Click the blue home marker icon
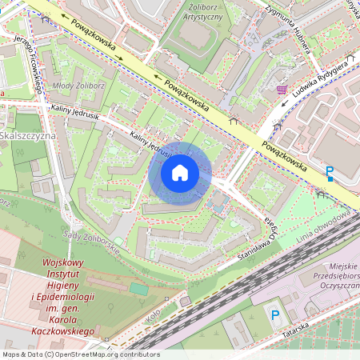tap(180, 173)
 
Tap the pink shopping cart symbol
tap(282, 89)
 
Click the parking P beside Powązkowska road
tap(330, 172)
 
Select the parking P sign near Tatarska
tap(275, 315)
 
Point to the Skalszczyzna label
tap(26, 136)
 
